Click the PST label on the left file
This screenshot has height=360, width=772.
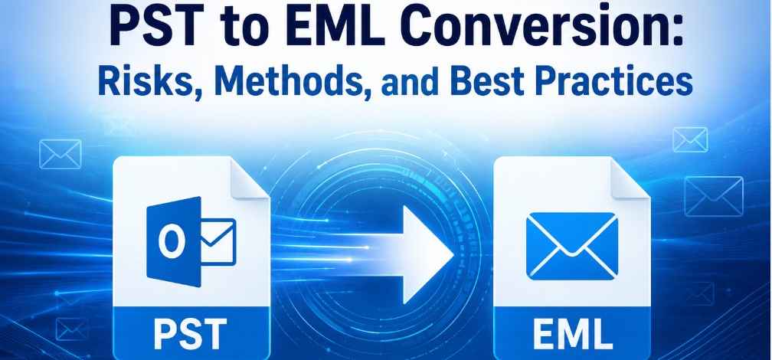point(191,332)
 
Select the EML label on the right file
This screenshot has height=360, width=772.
point(572,332)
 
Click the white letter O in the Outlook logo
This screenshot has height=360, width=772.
point(168,242)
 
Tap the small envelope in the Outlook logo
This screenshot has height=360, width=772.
point(218,241)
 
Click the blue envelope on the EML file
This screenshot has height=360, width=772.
point(571,246)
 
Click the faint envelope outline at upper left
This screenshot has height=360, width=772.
point(60,154)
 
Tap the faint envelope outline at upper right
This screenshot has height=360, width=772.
point(690,139)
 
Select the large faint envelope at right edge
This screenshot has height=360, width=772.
point(714,196)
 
